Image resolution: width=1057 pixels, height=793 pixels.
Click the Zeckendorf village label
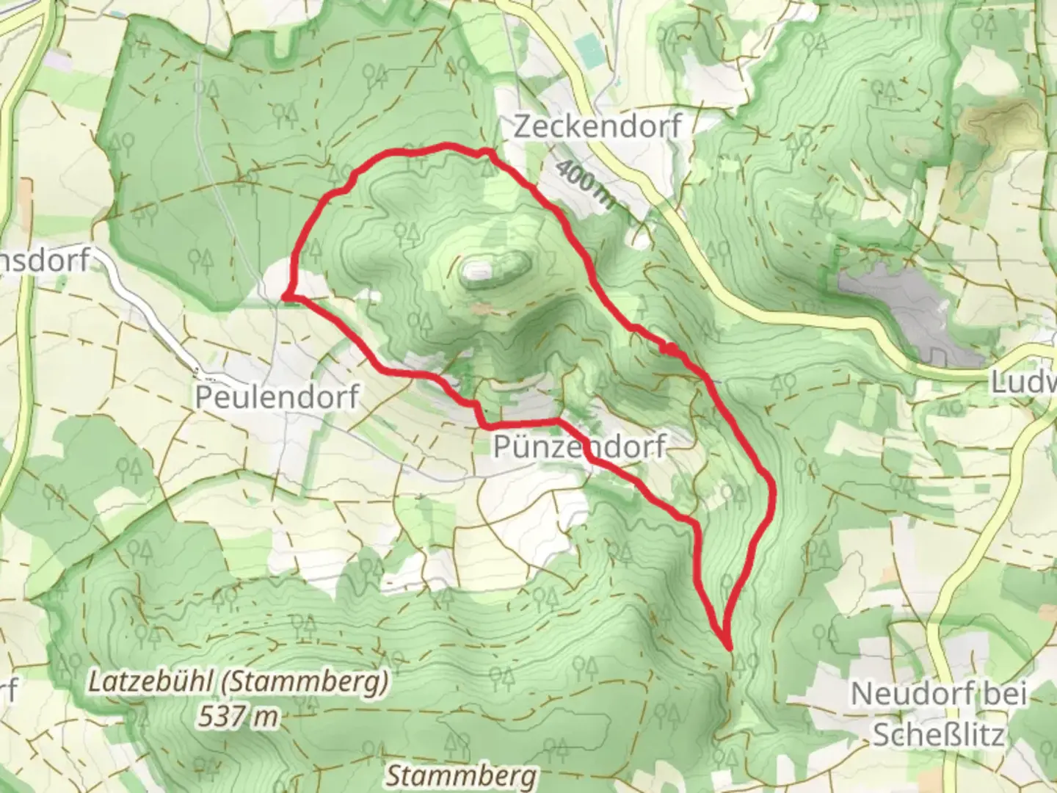coord(597,126)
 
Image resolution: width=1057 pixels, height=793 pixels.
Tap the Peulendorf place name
coord(277,396)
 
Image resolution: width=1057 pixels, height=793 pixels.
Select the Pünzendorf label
coord(579,446)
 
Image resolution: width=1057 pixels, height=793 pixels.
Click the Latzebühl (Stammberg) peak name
coord(238,683)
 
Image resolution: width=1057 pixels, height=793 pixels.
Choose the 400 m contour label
coord(584,187)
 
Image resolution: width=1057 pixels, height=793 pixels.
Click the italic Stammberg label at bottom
coord(461,775)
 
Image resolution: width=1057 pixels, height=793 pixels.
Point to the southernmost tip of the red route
coord(729,648)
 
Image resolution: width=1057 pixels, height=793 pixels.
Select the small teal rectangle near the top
coord(588,48)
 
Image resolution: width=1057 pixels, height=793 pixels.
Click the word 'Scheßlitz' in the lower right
coord(937,734)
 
